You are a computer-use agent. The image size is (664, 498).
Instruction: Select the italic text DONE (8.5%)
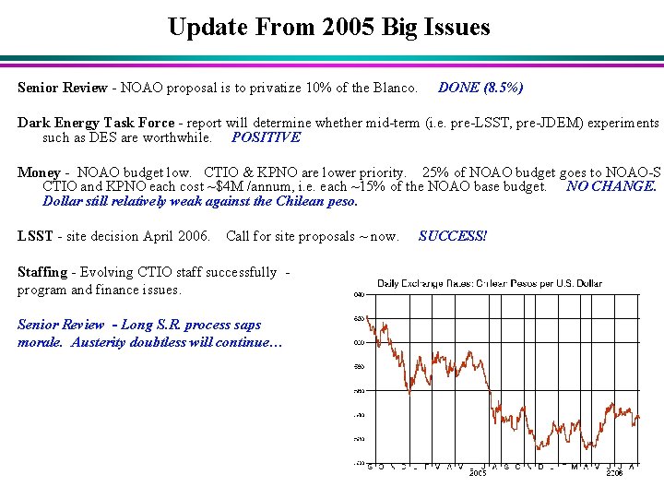tap(480, 88)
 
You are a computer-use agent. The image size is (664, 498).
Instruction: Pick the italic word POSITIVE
tap(266, 137)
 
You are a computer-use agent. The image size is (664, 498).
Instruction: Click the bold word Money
tap(39, 172)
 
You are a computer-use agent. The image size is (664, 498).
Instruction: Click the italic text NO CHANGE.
tap(611, 186)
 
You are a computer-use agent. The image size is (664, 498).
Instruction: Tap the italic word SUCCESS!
tap(452, 235)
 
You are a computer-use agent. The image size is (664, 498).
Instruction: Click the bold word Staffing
tap(42, 272)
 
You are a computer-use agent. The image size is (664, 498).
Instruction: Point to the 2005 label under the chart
tap(478, 473)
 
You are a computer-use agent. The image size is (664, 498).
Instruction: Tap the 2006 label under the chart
tap(615, 473)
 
